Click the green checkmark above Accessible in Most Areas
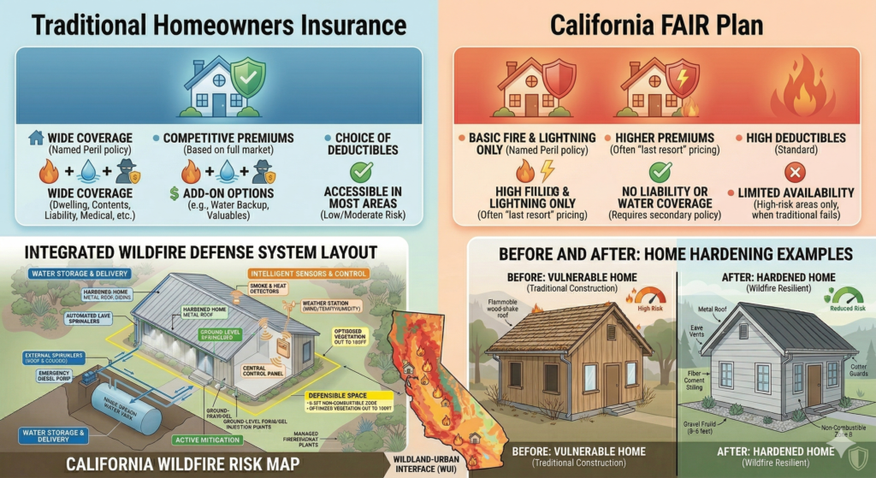362,171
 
